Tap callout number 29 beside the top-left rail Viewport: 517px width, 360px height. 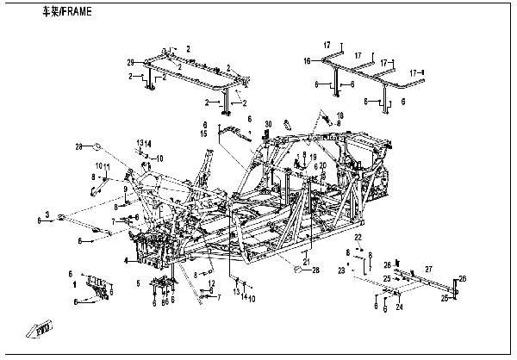click(x=132, y=64)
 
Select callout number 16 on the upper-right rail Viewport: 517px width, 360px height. click(x=306, y=62)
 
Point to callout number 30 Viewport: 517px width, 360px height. click(x=268, y=123)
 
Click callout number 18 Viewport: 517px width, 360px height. click(x=339, y=115)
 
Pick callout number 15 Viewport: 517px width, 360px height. click(x=205, y=134)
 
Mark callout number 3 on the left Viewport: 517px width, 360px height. click(x=48, y=214)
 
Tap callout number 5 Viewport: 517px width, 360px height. click(x=138, y=282)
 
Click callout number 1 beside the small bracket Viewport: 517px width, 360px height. click(x=75, y=282)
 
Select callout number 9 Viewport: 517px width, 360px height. click(x=125, y=189)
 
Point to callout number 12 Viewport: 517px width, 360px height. click(x=211, y=282)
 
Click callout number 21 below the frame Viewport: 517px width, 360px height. click(x=305, y=262)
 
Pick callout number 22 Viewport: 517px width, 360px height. click(x=358, y=236)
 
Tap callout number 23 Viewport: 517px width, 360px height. click(x=341, y=270)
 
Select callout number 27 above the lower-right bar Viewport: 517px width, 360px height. click(x=428, y=270)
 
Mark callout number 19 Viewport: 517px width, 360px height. click(x=313, y=156)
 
